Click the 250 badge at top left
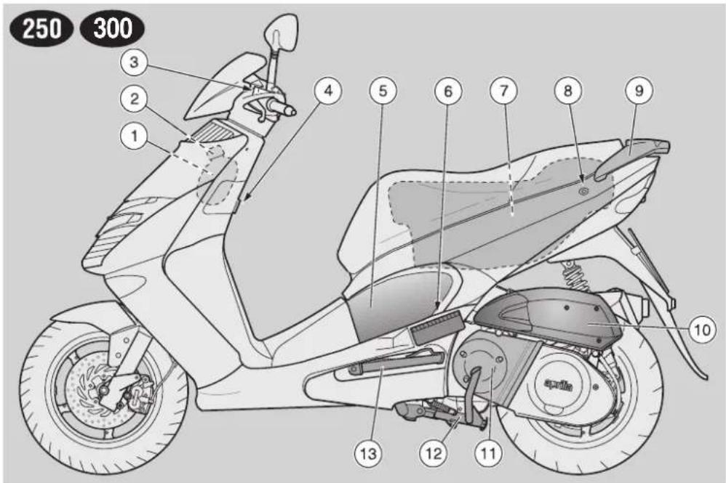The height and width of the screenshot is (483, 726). (x=41, y=28)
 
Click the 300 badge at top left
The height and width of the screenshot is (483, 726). (x=112, y=28)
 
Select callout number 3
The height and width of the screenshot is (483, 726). (x=134, y=62)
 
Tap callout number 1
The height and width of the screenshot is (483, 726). (x=135, y=136)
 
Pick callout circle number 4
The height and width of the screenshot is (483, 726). (x=328, y=91)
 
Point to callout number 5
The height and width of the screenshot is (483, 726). (x=383, y=91)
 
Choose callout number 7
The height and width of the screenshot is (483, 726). (x=503, y=91)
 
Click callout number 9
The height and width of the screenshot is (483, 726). (x=639, y=91)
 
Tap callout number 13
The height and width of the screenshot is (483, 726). (x=369, y=453)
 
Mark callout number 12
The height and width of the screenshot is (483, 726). (x=434, y=453)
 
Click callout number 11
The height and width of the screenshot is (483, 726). (x=489, y=453)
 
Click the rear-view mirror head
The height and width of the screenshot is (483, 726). (x=281, y=33)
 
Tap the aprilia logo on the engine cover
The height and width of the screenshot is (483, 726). (x=558, y=384)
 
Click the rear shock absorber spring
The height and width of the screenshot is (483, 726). (x=574, y=275)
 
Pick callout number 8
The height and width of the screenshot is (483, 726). (x=567, y=91)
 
